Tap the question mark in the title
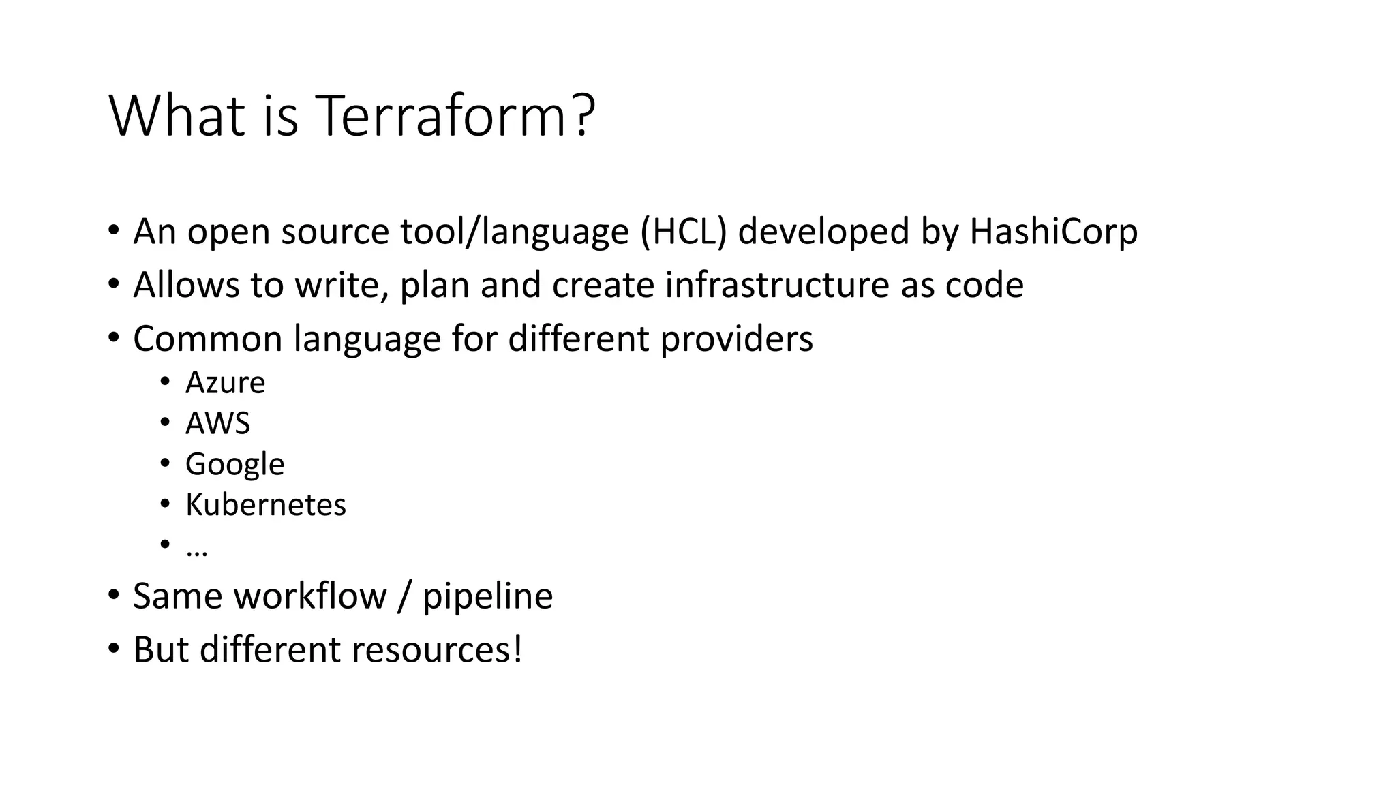click(x=583, y=116)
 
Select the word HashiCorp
click(x=1053, y=231)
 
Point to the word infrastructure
click(x=776, y=285)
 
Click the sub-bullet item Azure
click(x=225, y=383)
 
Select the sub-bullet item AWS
click(x=217, y=423)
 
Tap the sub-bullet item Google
click(x=234, y=465)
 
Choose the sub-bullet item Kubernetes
click(x=265, y=505)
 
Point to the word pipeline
click(x=487, y=596)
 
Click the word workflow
click(x=310, y=596)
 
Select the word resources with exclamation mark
click(x=437, y=649)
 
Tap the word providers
click(x=736, y=339)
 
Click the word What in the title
click(x=177, y=116)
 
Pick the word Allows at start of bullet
click(x=186, y=285)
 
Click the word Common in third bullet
click(x=207, y=339)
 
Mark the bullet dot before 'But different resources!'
click(x=114, y=648)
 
